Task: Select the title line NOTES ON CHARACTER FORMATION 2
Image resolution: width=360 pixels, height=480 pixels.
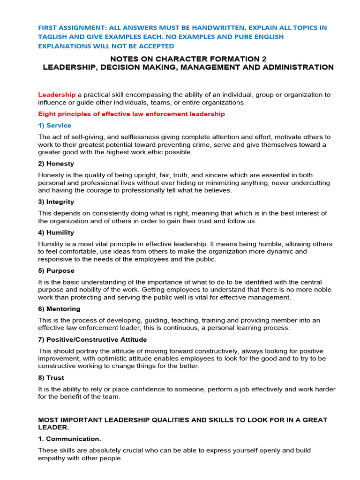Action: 188,59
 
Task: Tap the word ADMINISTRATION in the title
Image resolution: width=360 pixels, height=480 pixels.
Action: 295,67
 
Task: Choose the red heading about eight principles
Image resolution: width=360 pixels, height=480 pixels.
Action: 131,114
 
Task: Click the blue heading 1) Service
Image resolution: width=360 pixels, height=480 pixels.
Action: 55,125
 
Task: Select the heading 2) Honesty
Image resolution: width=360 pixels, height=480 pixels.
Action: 56,164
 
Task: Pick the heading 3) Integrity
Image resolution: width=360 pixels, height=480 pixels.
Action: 56,202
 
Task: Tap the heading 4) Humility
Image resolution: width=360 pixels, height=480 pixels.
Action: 56,232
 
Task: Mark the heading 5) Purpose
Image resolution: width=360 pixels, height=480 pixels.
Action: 56,271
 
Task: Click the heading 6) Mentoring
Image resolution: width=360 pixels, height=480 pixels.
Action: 59,309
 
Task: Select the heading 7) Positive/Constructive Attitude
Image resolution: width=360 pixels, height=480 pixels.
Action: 92,339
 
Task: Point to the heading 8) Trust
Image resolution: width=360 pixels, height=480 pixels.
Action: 51,378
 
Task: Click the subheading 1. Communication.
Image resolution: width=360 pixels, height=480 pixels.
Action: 69,439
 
